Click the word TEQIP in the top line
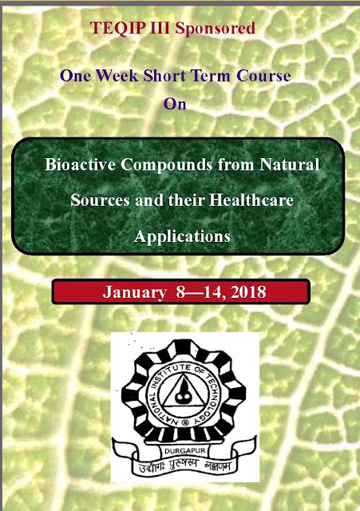[x=117, y=28]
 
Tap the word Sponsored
[x=215, y=29]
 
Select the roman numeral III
[x=160, y=28]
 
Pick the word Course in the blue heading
[x=263, y=76]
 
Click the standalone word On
[x=175, y=104]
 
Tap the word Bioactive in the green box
[x=80, y=164]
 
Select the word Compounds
[x=167, y=165]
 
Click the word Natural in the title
[x=289, y=164]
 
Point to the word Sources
[x=100, y=200]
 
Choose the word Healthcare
[x=251, y=200]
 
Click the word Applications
[x=182, y=237]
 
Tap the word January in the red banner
[x=135, y=292]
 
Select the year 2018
[x=248, y=291]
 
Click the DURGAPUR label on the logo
[x=184, y=451]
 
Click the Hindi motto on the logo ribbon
[x=184, y=465]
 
